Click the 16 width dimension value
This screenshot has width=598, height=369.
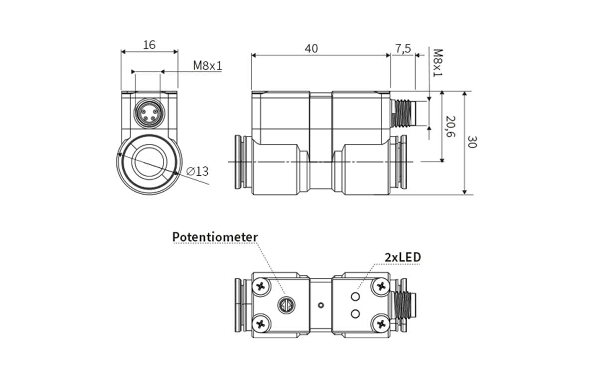coord(149,45)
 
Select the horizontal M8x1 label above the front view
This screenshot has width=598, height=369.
coord(208,65)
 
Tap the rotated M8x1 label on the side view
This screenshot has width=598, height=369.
coord(437,63)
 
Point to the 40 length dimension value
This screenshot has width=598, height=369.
coord(311,48)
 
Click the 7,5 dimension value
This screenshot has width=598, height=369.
coord(403,48)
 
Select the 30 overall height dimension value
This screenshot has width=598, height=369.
coord(471,142)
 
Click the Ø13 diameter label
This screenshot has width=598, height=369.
coord(197,171)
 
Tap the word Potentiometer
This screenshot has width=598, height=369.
coord(215,237)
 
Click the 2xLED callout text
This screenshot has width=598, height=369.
coord(403,257)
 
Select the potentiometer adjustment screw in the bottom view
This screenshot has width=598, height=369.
coord(285,305)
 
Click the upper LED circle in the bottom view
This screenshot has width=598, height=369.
coord(355,297)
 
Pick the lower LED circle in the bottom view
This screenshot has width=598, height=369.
coord(355,313)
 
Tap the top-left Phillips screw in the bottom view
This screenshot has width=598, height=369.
coord(261,286)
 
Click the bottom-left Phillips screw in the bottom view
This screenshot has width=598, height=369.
coord(261,324)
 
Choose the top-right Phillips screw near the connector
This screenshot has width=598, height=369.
coord(382,286)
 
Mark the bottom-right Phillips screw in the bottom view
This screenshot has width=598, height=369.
coord(382,324)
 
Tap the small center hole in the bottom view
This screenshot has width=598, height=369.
coord(321,305)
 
